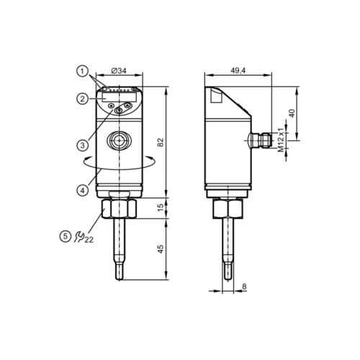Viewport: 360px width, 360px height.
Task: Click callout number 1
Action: click(84, 71)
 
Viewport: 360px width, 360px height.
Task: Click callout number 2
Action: click(84, 99)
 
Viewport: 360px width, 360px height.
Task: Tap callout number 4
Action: click(84, 190)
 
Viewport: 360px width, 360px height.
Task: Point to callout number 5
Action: click(66, 234)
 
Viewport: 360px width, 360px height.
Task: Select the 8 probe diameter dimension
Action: click(244, 287)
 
